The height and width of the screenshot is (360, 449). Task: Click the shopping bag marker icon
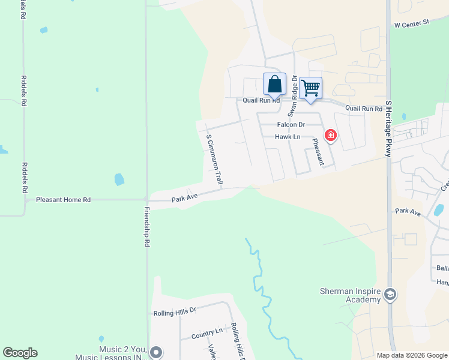click(x=274, y=84)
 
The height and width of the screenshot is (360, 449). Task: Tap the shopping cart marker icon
click(x=310, y=88)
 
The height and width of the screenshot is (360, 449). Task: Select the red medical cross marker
click(x=330, y=136)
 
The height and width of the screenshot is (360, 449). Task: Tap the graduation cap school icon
click(x=390, y=294)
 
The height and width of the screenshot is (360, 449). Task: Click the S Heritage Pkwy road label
click(x=389, y=129)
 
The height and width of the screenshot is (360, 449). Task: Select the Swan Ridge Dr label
click(x=292, y=97)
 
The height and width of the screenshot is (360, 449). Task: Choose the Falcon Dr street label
click(x=291, y=125)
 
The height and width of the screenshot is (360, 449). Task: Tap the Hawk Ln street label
click(x=288, y=137)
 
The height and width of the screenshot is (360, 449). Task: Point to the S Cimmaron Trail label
click(x=214, y=159)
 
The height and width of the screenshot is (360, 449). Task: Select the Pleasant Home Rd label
click(x=63, y=199)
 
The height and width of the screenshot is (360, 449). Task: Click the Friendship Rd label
click(x=146, y=227)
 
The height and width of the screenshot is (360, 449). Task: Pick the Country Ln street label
click(x=206, y=333)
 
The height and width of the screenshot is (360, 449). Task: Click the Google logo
click(x=20, y=353)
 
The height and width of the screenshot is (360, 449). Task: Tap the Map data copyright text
click(x=411, y=355)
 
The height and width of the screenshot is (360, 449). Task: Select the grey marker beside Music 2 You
click(x=156, y=352)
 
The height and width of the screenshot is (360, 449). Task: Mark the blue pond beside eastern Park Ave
click(x=439, y=209)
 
